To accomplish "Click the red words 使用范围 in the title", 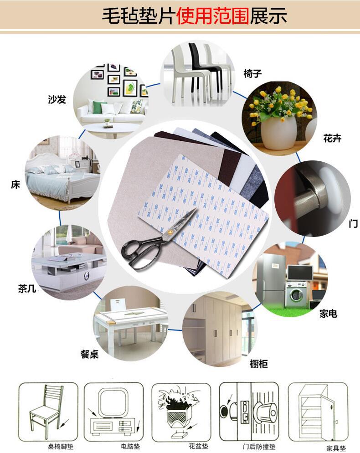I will [212, 16].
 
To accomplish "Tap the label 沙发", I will [57, 99].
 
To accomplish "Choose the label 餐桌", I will [89, 354].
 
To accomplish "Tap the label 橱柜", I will [259, 364].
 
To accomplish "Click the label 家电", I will [328, 314].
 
